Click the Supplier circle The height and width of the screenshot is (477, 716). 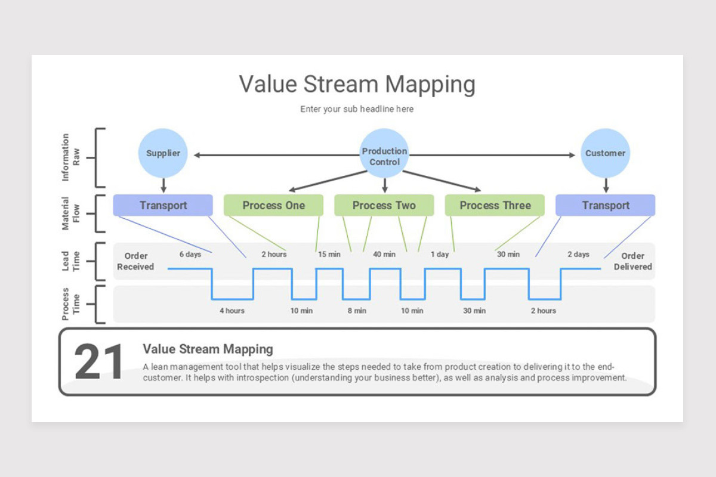163,153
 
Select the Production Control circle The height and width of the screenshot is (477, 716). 384,153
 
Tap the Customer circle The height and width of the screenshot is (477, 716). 606,153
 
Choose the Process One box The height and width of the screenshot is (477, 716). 273,205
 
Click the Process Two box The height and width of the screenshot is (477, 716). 384,205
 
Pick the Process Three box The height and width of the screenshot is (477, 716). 495,205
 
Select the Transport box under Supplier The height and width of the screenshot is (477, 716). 163,205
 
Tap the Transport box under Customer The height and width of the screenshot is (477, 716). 606,205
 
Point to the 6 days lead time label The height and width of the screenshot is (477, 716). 190,255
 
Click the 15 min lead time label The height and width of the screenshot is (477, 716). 329,255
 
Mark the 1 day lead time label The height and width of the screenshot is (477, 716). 440,255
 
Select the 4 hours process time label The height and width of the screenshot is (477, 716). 232,311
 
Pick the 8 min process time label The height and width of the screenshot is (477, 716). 357,311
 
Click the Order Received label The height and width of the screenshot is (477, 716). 135,261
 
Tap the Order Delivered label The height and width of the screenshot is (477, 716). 633,261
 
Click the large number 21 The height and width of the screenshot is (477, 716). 98,362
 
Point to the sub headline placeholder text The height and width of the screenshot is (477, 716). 357,109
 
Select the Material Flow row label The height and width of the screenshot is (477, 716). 70,213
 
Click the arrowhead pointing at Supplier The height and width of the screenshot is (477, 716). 197,155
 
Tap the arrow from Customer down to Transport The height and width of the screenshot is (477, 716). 606,185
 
